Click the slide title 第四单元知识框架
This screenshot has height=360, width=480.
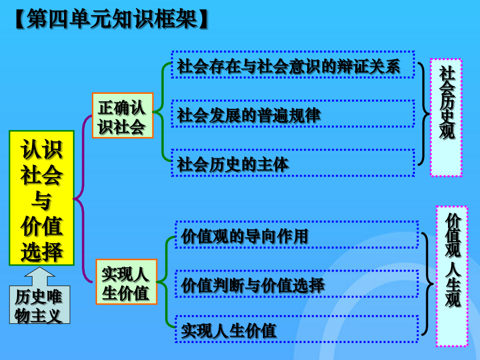click(111, 19)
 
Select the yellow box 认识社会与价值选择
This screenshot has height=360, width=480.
click(42, 198)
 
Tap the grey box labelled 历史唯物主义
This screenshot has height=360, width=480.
click(39, 305)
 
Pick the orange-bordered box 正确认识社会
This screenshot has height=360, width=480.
click(123, 115)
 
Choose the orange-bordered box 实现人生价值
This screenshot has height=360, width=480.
click(126, 282)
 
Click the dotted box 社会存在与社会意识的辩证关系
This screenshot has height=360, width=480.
click(293, 65)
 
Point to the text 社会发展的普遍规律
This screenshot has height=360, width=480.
click(249, 115)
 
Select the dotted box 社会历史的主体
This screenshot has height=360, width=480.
click(293, 163)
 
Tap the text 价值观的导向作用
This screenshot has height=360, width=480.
click(244, 236)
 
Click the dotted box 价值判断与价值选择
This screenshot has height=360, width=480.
click(297, 284)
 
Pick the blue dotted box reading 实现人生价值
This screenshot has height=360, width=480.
click(297, 329)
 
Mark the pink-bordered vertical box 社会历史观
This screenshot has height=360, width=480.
click(446, 117)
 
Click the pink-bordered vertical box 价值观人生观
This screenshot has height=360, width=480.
click(452, 276)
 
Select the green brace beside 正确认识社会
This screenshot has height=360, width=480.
click(162, 112)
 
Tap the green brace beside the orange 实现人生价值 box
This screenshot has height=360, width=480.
click(166, 282)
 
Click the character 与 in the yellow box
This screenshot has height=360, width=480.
click(41, 201)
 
